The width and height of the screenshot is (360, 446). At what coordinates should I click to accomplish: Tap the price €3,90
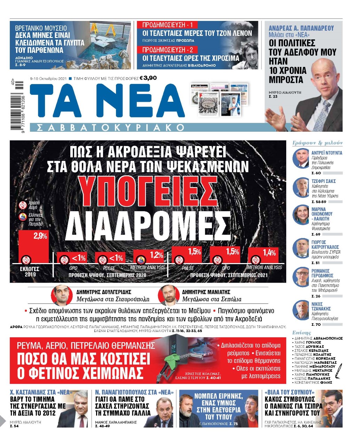click(x=148, y=78)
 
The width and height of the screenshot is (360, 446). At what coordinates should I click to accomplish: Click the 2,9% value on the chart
click(x=40, y=236)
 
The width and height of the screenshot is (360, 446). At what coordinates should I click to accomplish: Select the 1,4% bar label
click(x=269, y=253)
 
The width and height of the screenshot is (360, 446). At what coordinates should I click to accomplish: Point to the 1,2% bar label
click(x=157, y=255)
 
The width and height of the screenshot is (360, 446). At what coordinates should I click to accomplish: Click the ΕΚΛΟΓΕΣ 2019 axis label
click(x=30, y=272)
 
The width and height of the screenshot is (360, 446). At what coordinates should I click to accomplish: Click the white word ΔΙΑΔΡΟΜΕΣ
click(x=147, y=225)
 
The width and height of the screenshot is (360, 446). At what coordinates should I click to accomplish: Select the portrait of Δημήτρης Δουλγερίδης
click(x=62, y=295)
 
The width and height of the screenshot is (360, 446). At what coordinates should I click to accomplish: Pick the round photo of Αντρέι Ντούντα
click(x=300, y=159)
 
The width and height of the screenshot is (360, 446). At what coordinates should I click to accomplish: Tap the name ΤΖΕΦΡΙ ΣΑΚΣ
click(x=323, y=181)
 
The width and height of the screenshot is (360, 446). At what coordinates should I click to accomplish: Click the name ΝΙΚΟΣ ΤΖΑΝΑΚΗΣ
click(x=321, y=306)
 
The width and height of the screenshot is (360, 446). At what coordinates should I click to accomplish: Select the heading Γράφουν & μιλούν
click(x=317, y=143)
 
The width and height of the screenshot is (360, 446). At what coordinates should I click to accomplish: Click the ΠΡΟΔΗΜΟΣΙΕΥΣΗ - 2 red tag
click(x=167, y=50)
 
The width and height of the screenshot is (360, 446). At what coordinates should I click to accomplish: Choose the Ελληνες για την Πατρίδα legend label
click(x=36, y=220)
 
